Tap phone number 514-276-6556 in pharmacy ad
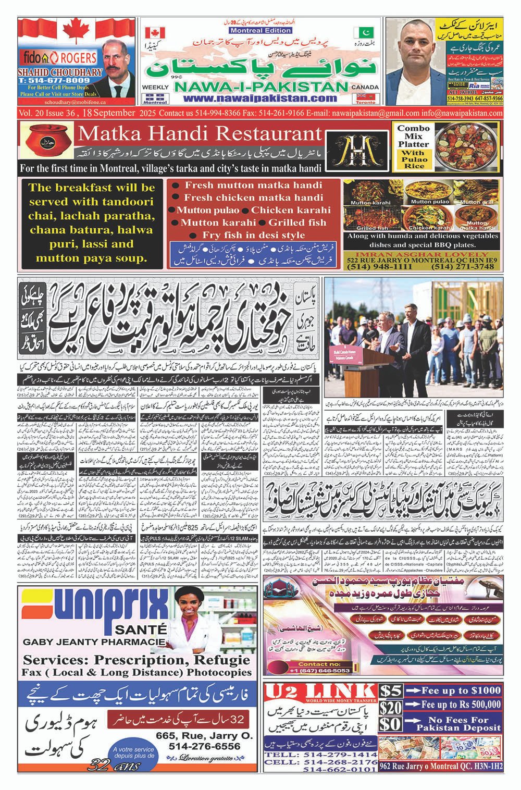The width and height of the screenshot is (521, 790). click(204, 746)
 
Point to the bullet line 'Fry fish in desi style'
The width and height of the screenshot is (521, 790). click(254, 235)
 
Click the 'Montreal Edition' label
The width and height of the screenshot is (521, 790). click(254, 31)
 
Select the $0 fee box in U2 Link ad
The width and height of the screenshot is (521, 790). click(391, 725)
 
